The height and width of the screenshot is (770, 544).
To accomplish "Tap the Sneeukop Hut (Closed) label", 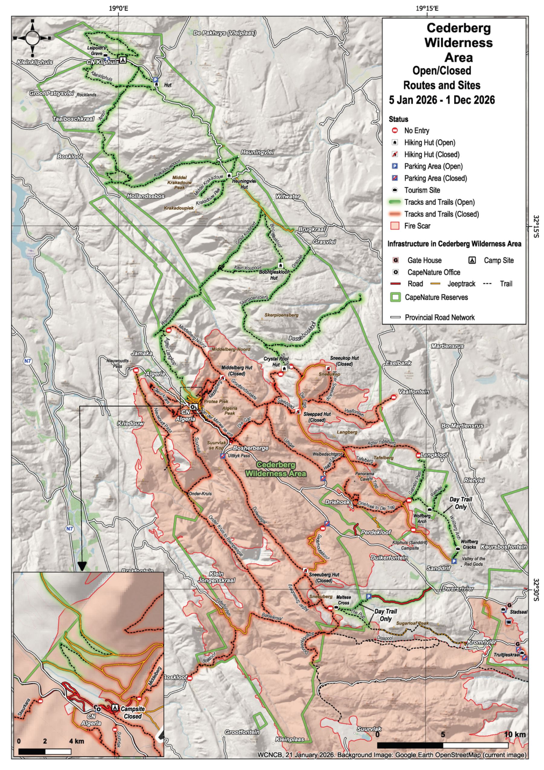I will click(344, 361).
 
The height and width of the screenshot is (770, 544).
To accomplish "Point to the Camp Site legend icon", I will click(472, 260).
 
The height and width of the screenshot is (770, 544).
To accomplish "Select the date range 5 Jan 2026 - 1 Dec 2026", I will click(442, 100).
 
